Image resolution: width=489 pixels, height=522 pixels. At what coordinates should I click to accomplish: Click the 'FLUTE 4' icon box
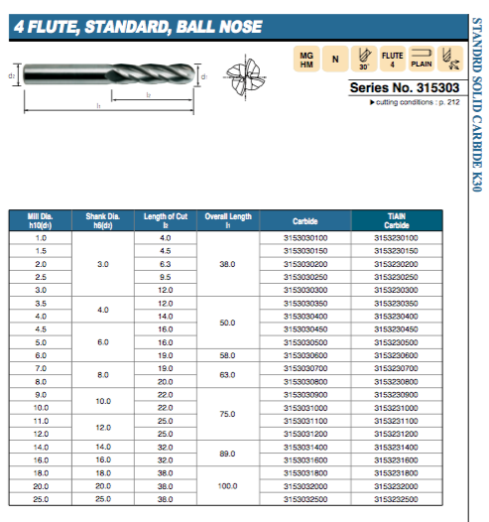point(392,61)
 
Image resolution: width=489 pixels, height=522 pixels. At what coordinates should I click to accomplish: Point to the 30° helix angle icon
point(363,61)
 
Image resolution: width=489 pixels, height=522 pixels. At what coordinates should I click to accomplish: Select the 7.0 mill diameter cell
point(41,367)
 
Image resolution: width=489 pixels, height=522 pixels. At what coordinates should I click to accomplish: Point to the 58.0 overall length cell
point(229,354)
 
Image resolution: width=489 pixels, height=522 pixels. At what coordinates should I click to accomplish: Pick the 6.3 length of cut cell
point(166,264)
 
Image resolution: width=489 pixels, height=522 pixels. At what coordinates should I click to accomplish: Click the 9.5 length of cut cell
point(166,277)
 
